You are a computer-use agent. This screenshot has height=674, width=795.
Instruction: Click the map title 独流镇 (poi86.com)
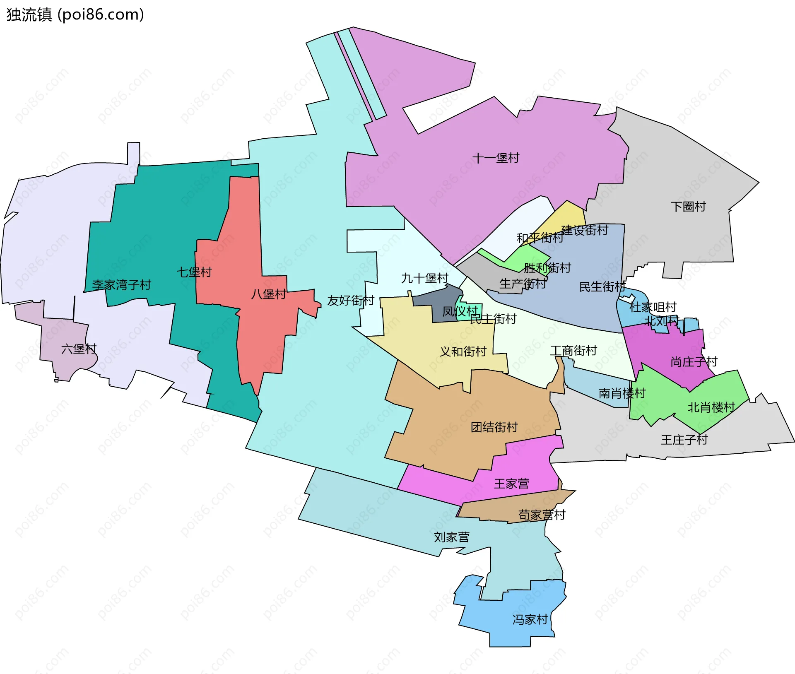pyautogui.click(x=75, y=15)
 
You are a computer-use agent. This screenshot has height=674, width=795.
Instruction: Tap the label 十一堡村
pyautogui.click(x=496, y=158)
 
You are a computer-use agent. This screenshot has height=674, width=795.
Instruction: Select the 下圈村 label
pyautogui.click(x=688, y=206)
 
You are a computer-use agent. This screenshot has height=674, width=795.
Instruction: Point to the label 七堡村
pyautogui.click(x=194, y=272)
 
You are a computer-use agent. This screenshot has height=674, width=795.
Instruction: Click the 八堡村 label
pyautogui.click(x=268, y=294)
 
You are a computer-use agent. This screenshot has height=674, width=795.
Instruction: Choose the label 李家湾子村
pyautogui.click(x=121, y=284)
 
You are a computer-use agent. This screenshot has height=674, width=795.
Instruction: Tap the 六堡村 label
pyautogui.click(x=79, y=349)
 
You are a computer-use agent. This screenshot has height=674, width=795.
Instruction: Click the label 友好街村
pyautogui.click(x=350, y=300)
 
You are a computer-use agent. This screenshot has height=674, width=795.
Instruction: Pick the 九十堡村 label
pyautogui.click(x=424, y=278)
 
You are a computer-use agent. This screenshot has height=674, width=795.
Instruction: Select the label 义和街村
pyautogui.click(x=463, y=351)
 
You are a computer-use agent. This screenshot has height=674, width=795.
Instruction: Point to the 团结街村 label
pyautogui.click(x=494, y=427)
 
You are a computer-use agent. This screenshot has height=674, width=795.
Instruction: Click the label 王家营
pyautogui.click(x=511, y=484)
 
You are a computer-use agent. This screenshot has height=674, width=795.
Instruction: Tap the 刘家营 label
pyautogui.click(x=451, y=537)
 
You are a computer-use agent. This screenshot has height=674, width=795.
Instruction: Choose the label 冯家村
pyautogui.click(x=530, y=619)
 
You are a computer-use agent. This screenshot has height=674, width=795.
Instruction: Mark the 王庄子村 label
pyautogui.click(x=684, y=439)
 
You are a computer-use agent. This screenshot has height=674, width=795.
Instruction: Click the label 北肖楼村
pyautogui.click(x=711, y=407)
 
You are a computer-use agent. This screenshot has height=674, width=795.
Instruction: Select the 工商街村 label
pyautogui.click(x=573, y=351)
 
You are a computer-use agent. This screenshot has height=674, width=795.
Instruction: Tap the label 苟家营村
pyautogui.click(x=542, y=515)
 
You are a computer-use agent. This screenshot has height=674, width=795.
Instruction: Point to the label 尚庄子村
pyautogui.click(x=694, y=361)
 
